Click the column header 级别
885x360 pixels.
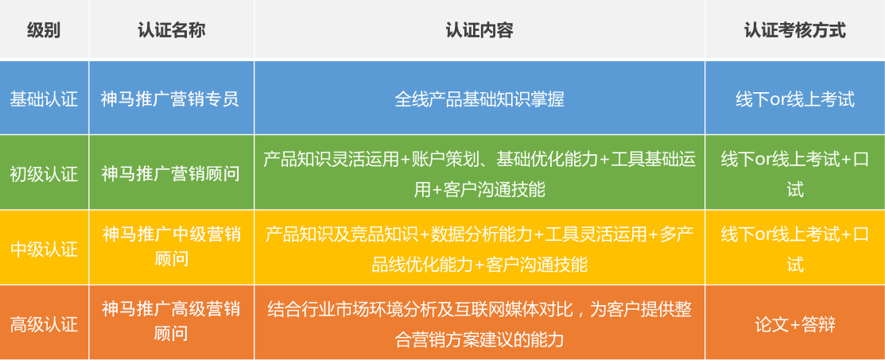[44, 30]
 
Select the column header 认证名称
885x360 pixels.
[171, 30]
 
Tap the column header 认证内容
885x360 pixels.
[479, 30]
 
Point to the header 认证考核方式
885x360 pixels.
[794, 30]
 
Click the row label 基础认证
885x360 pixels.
[44, 99]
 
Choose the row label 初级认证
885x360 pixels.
[44, 174]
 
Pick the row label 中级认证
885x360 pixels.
[44, 249]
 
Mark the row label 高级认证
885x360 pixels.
[44, 324]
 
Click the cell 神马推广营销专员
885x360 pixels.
[170, 99]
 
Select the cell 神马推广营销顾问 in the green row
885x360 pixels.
[170, 174]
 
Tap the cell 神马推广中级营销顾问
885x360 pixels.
[171, 246]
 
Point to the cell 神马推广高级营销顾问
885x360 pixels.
[171, 322]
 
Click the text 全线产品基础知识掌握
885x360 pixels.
[479, 99]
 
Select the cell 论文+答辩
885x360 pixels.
[794, 324]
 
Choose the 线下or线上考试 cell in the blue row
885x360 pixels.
[794, 99]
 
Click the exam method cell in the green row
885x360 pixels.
[794, 174]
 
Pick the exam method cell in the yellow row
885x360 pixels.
[794, 249]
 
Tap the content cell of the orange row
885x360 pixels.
[479, 324]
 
